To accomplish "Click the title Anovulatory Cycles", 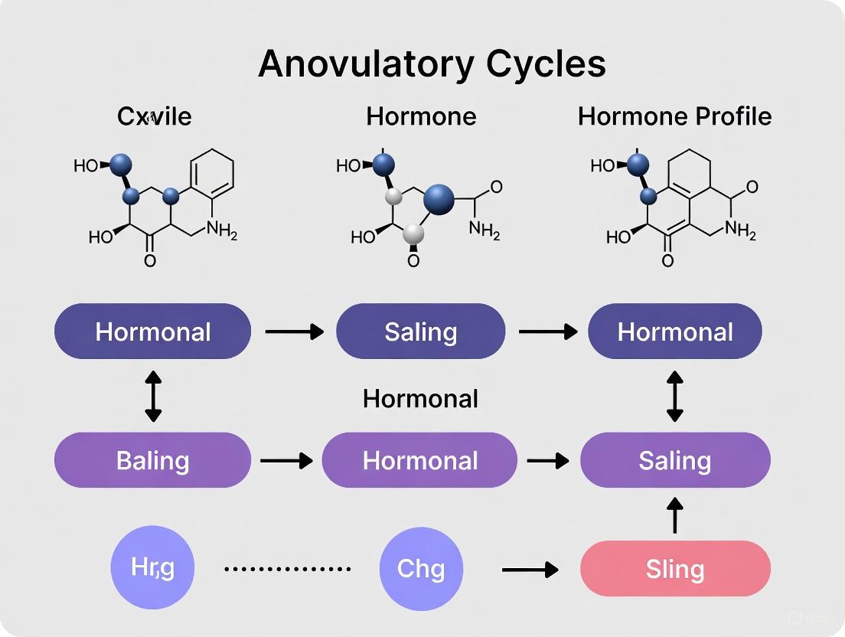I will tap(432, 64).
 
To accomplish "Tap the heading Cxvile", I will tap(154, 116).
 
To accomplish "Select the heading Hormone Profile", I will tap(674, 116).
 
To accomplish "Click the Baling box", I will tap(152, 460).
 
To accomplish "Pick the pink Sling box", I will tap(674, 569).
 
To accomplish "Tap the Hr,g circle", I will tap(152, 568).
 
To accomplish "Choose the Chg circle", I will tap(421, 569).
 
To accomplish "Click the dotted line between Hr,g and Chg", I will tap(287, 569).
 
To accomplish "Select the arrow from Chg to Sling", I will tap(530, 570).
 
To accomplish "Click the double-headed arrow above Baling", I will tap(153, 396).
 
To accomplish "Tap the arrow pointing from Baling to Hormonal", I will tap(286, 460).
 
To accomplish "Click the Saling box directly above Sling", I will tap(675, 460).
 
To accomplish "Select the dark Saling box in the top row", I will tap(421, 332).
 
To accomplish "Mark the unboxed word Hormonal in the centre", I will tap(420, 398).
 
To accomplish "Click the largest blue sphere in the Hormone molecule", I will tap(438, 198).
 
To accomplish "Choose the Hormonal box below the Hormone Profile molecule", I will tap(674, 332).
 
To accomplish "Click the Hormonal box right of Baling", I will tap(419, 460).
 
